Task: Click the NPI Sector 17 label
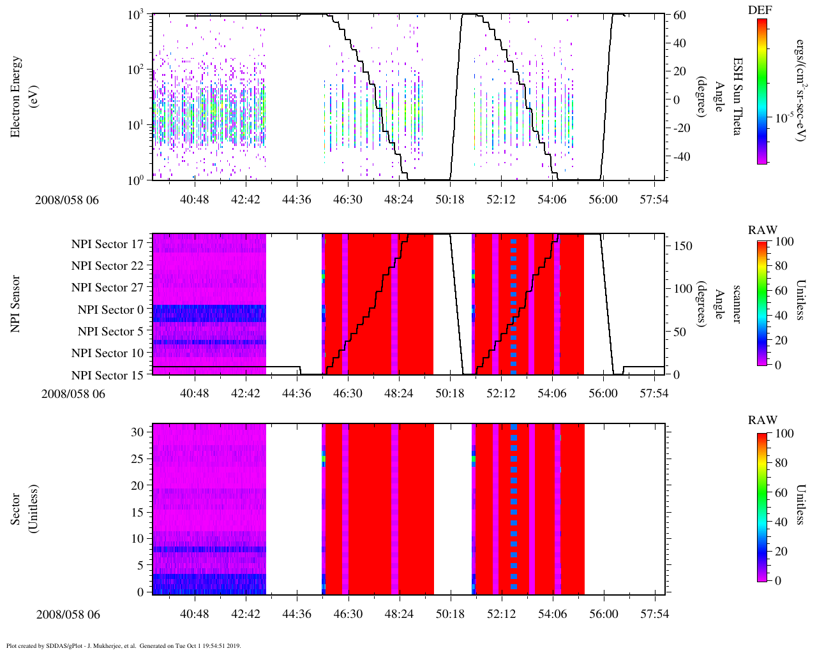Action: (x=107, y=244)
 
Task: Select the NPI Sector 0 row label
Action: (x=110, y=310)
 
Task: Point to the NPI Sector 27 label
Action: (x=107, y=288)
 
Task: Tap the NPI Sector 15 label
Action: (x=107, y=376)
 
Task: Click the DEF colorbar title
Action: (x=761, y=10)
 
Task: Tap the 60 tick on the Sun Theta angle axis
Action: (x=678, y=15)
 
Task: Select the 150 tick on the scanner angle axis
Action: (x=683, y=246)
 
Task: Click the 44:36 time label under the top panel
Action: (x=297, y=200)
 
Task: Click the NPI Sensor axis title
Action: (x=15, y=304)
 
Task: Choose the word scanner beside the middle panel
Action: (x=737, y=304)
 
